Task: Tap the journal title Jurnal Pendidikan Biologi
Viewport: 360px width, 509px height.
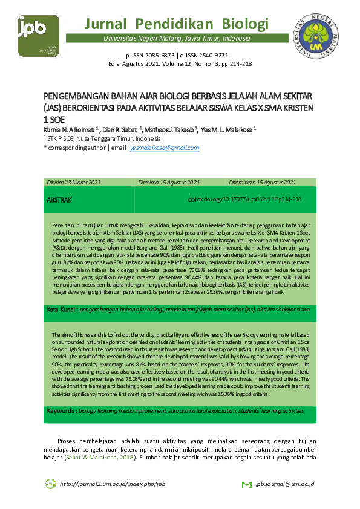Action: click(x=176, y=24)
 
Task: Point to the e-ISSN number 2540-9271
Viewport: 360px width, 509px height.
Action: click(x=212, y=54)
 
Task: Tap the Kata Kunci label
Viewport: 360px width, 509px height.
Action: click(x=62, y=309)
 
